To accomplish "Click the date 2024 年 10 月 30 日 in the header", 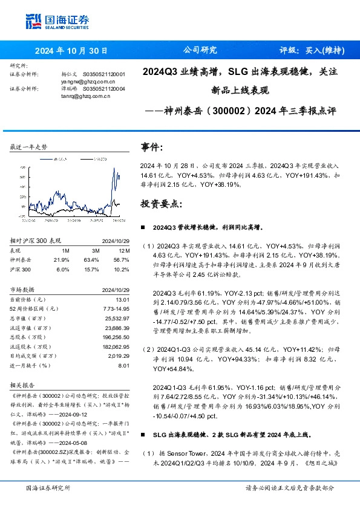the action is [71, 50].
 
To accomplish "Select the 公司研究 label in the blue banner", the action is [200, 50].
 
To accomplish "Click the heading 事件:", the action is [152, 147].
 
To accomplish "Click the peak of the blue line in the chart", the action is [114, 168].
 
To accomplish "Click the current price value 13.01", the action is [123, 299].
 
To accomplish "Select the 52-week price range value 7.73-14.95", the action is [117, 308].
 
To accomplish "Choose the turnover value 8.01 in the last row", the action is [125, 365].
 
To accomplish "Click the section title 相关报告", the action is [24, 384].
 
